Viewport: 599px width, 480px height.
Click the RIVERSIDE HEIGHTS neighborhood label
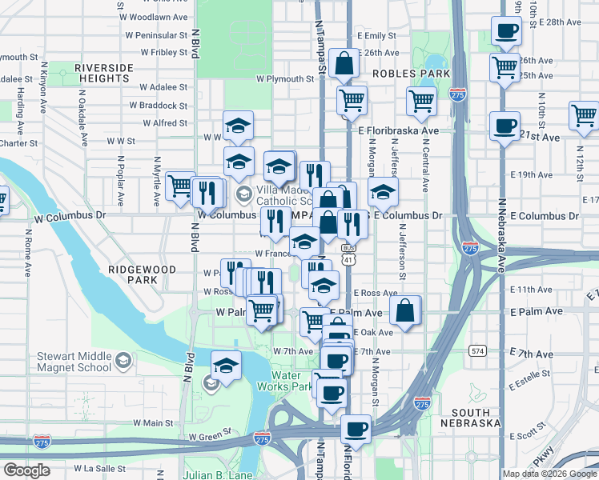pos(103,74)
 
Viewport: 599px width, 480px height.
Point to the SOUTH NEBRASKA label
pos(470,416)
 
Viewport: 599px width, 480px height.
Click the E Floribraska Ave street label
pos(399,130)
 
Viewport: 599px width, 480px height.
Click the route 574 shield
pos(478,351)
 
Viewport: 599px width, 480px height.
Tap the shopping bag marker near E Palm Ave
pos(406,310)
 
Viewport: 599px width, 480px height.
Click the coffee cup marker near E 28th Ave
pos(505,31)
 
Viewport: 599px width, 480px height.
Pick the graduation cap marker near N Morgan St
pos(384,191)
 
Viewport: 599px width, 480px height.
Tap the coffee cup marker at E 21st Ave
pos(505,126)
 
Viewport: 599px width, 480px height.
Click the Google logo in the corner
pos(26,470)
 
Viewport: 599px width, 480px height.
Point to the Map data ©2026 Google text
pos(549,474)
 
